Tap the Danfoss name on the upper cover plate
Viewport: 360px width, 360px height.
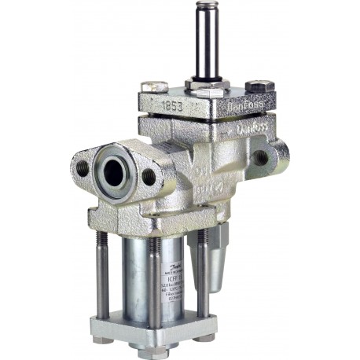tap(238, 103)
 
